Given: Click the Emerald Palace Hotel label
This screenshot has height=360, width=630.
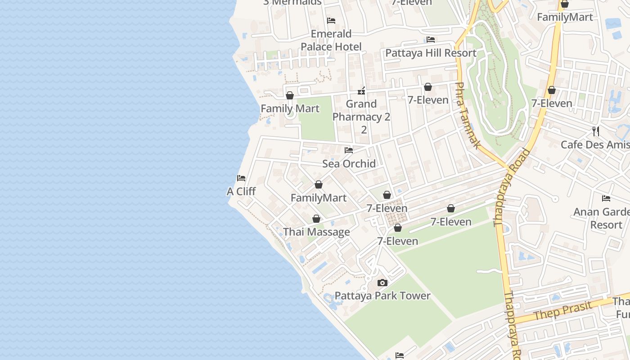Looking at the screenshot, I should (x=331, y=40).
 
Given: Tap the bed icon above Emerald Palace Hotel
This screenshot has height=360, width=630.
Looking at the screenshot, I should (x=331, y=21).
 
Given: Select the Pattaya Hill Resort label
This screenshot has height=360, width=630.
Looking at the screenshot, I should (x=431, y=53).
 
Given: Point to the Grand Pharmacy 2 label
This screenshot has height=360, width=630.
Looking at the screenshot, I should (x=361, y=111).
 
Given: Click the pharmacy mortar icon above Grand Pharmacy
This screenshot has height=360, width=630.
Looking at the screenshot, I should (x=361, y=91).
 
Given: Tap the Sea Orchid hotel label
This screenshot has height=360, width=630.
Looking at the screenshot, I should (x=349, y=164).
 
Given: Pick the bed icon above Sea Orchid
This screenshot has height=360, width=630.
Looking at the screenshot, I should (x=349, y=150).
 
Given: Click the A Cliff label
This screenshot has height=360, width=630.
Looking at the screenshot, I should (x=241, y=192).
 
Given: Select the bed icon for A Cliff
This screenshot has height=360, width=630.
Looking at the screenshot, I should (x=241, y=178).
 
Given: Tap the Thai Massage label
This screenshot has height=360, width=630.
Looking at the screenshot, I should (x=316, y=232).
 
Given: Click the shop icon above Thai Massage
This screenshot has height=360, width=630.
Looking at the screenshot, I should (x=316, y=219).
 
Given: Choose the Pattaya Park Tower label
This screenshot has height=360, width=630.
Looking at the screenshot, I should (x=382, y=296).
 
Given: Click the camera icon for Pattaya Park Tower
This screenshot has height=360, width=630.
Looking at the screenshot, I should (x=382, y=283).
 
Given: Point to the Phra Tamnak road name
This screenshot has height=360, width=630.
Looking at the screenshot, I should (x=468, y=115).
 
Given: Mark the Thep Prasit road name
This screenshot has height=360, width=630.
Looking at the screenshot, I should (x=563, y=310).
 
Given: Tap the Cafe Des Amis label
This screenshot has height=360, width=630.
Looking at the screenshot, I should (x=595, y=145).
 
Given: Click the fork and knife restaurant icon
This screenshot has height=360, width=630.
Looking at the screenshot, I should (x=596, y=131).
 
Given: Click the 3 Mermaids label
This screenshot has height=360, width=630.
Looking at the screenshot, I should (x=292, y=2).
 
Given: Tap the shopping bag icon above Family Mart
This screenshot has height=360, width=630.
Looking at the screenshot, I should (x=290, y=95).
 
